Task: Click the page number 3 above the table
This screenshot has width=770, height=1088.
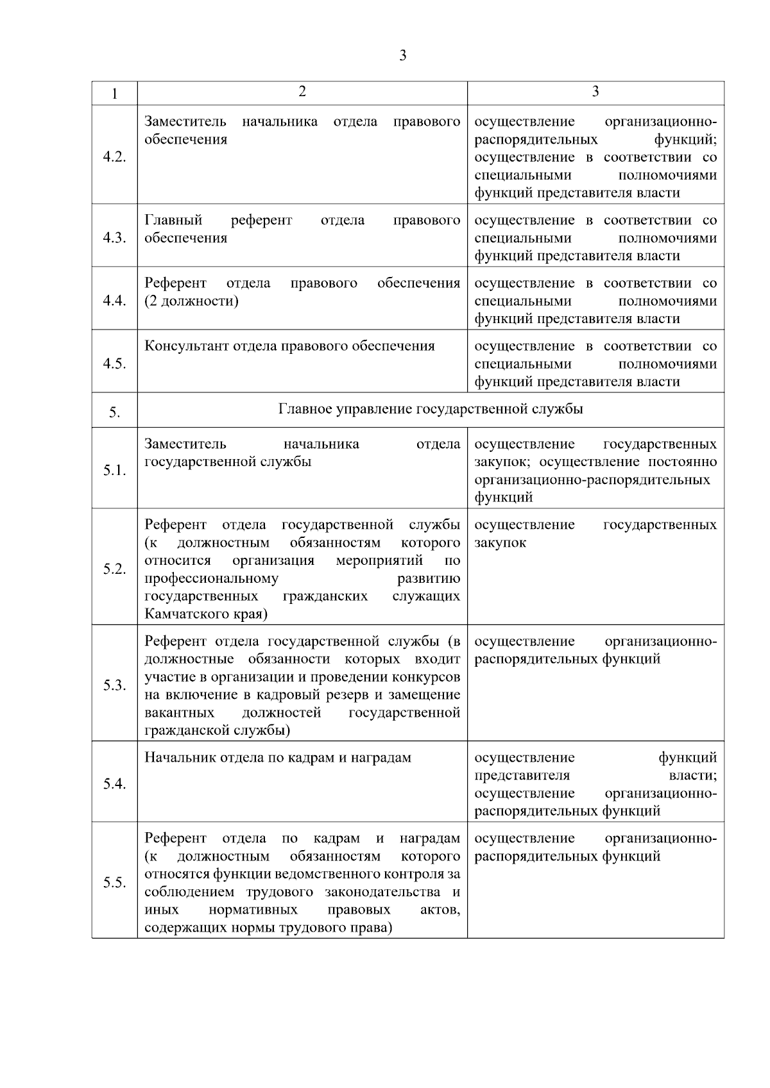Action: tap(402, 56)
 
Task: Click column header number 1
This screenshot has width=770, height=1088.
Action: tap(114, 94)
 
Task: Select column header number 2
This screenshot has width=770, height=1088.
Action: tap(302, 91)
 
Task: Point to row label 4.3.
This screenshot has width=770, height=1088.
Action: tap(114, 238)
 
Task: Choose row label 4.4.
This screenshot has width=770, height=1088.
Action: tap(114, 301)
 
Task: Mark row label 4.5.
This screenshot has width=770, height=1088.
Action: tap(114, 364)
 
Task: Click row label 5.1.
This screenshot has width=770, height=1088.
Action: tap(114, 471)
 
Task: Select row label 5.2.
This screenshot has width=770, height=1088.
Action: tap(114, 569)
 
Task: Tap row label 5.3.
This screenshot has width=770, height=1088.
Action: tap(114, 686)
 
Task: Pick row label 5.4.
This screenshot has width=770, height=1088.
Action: tap(114, 784)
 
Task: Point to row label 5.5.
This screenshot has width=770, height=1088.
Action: tap(114, 883)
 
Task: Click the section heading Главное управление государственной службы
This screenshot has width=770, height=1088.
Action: tap(431, 408)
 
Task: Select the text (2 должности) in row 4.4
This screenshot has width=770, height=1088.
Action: tap(191, 301)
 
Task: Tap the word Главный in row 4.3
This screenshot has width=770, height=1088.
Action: tap(173, 221)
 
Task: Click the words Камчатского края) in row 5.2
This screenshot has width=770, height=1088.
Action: tap(206, 614)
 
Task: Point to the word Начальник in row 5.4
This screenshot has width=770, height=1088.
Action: tap(180, 758)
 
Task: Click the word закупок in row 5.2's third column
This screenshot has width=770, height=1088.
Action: tap(501, 542)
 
